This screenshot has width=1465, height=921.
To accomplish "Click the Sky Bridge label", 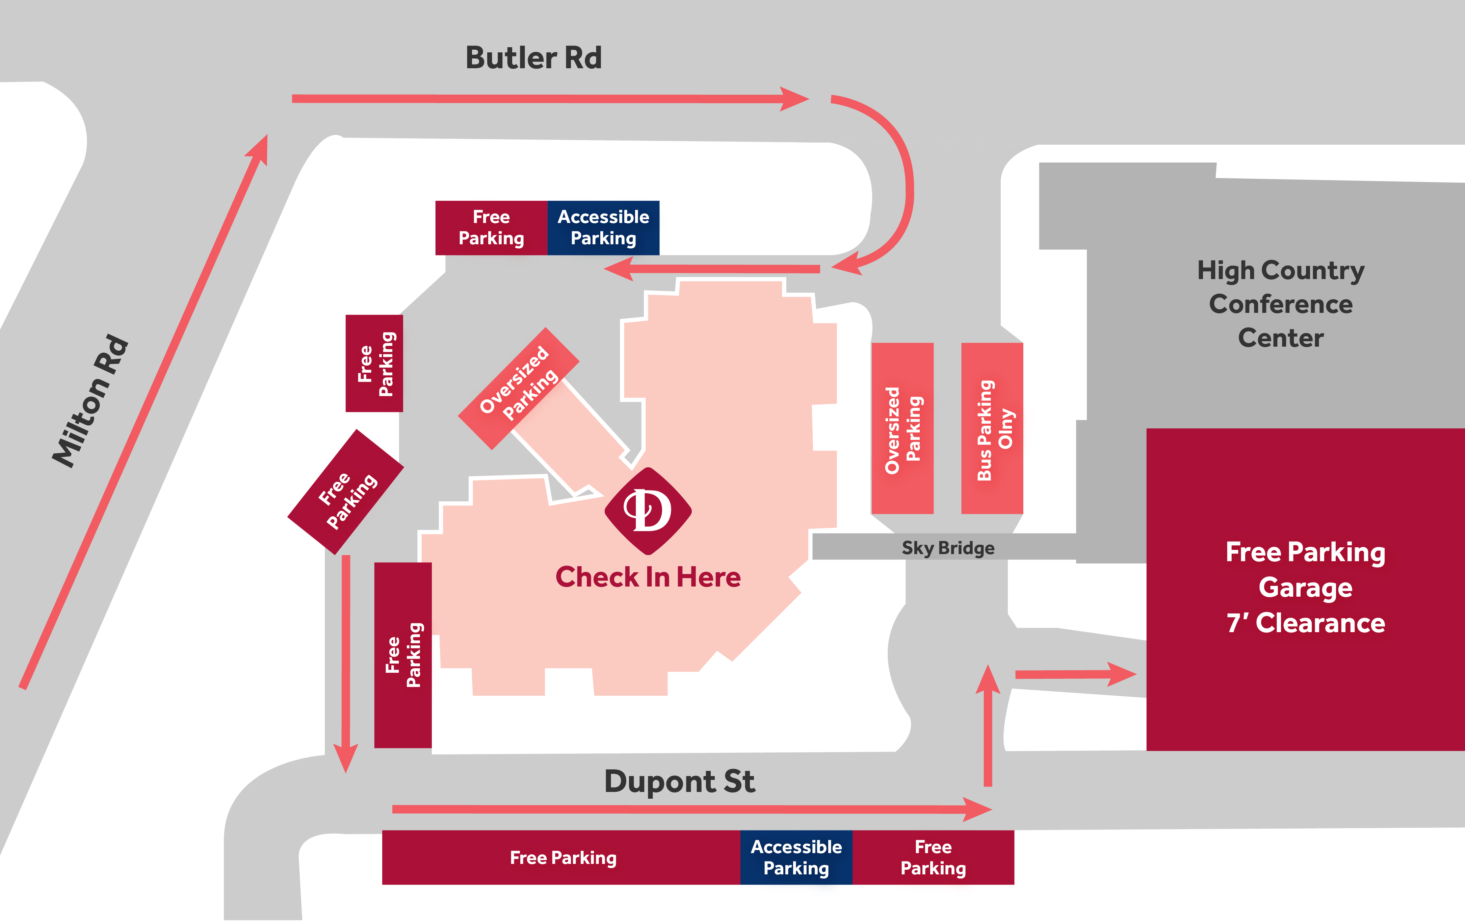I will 947,548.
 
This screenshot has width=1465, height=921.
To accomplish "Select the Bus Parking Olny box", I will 992,428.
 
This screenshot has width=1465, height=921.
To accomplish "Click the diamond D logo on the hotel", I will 648,511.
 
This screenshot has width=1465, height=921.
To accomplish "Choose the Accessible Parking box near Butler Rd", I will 603,228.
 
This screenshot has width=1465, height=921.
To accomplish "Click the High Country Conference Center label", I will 1281,304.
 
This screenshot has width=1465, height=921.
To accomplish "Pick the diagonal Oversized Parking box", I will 518,388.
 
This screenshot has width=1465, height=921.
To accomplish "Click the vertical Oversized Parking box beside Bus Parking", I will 902,428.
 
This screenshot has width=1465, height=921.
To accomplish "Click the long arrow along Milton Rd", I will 143,412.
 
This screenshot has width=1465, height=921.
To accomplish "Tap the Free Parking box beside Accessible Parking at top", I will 491,228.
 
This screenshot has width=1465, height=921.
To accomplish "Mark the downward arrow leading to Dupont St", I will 345,664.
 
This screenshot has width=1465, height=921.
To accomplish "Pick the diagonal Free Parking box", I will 345,492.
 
